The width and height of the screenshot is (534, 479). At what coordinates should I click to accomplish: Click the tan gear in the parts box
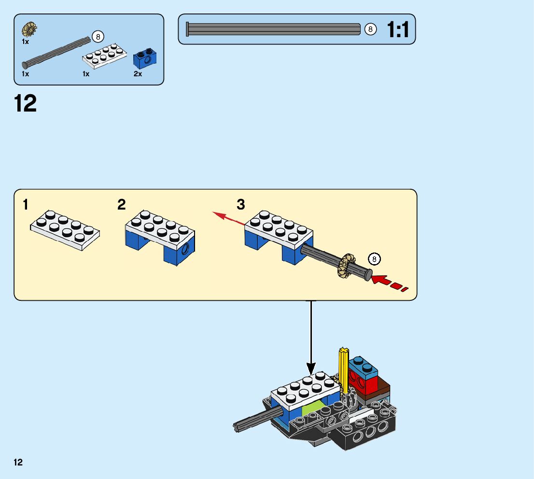coord(29,29)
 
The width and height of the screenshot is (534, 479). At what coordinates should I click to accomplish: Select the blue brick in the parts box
coord(145,58)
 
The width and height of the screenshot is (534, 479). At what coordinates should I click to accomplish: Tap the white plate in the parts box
coord(105,56)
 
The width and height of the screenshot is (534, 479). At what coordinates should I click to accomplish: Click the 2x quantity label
coord(138,74)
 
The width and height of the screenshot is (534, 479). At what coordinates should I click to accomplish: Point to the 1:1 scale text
coord(398,29)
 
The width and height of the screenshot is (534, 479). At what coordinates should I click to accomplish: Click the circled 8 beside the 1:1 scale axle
coord(370,29)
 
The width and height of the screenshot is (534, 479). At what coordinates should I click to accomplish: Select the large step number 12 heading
coord(25,103)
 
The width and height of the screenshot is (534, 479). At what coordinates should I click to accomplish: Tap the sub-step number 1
coord(25,205)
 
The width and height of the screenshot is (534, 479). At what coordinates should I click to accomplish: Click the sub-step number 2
coord(122,205)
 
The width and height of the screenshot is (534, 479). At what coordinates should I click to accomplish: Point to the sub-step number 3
coord(241,205)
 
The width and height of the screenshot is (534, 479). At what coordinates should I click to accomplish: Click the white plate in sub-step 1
coord(65,230)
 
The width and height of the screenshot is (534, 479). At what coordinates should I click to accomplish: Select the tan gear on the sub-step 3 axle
coord(346,266)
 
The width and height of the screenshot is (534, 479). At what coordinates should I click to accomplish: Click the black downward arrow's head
coord(311,369)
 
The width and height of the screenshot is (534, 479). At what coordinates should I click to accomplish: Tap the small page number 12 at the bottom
coord(18,462)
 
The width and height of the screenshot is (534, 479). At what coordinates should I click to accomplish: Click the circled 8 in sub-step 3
coord(374,259)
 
